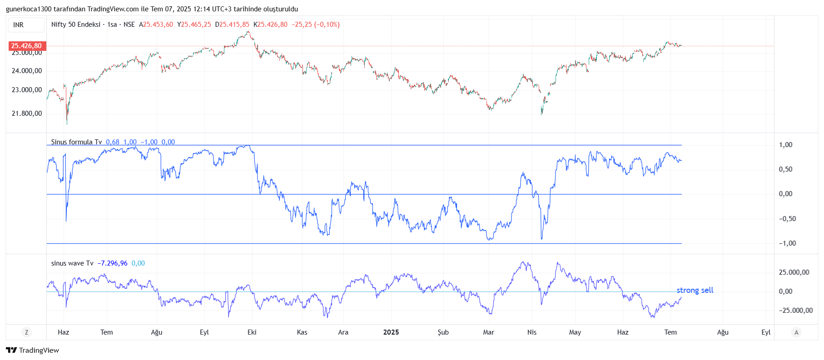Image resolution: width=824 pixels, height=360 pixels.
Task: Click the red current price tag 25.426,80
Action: coord(26,46)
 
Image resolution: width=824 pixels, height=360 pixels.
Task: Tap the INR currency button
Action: coord(19,25)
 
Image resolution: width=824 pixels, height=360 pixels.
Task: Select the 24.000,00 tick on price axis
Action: coord(27,71)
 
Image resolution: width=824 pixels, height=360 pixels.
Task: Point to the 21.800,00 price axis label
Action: coord(27,113)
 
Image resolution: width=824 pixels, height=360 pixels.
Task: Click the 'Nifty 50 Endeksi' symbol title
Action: coord(75,25)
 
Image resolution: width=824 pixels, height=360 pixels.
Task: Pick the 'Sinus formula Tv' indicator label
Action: coord(76,142)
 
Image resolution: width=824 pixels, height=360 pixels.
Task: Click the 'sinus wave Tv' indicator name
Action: coord(72,263)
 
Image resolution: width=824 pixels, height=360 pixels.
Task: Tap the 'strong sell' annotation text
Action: coord(695,290)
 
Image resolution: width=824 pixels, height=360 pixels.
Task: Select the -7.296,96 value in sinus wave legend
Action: coord(112,263)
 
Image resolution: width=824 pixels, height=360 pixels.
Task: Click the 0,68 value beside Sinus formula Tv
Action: coord(113,142)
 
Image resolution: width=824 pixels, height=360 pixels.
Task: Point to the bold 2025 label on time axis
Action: coord(391,332)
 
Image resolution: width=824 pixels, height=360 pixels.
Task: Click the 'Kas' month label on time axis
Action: coord(302,332)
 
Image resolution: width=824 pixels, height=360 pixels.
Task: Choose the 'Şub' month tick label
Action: coord(443,332)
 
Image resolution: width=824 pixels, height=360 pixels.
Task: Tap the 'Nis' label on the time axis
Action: coord(531,332)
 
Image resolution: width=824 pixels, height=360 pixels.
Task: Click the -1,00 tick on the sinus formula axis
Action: coord(787,243)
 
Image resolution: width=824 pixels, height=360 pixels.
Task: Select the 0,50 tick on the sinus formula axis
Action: coord(785,169)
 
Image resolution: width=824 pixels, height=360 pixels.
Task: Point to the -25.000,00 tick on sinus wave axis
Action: coord(795,311)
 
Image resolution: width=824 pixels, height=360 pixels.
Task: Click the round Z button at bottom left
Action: coord(26,332)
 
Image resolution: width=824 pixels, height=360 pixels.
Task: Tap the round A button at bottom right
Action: coord(796,332)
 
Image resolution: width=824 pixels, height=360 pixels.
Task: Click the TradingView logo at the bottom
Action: coord(32,350)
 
